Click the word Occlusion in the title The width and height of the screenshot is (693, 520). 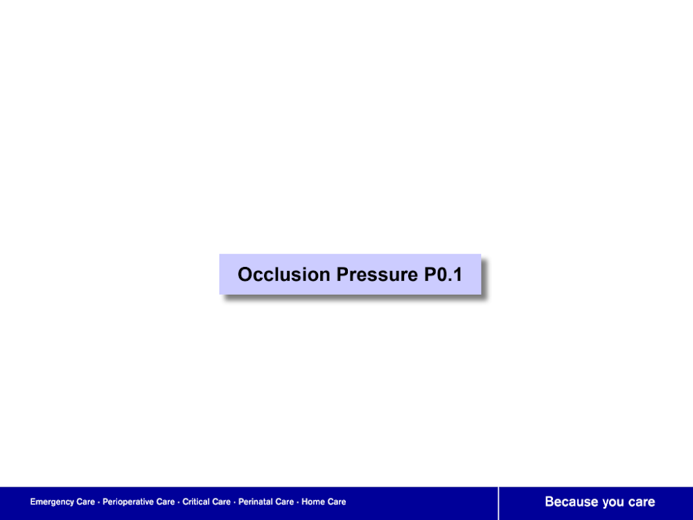pos(284,274)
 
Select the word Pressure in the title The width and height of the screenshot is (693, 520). pos(377,275)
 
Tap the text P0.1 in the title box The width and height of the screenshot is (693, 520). pos(444,274)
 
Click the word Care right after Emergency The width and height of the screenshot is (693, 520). pos(85,501)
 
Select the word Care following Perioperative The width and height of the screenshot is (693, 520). pos(166,501)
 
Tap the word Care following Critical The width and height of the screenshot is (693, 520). pos(221,501)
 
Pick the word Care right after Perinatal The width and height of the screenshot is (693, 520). pos(284,501)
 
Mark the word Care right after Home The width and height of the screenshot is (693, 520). pos(337,501)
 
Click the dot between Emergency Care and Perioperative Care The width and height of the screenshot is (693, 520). pos(98,502)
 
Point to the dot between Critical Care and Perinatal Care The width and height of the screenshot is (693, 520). pos(234,502)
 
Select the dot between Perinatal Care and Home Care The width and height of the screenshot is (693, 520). pos(297,502)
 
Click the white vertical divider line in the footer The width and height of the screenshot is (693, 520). pos(498,503)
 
